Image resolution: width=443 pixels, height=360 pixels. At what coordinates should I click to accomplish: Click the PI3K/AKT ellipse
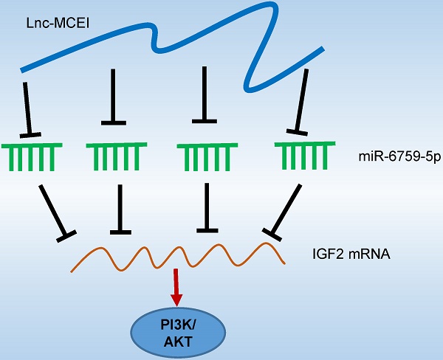point(176,328)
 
